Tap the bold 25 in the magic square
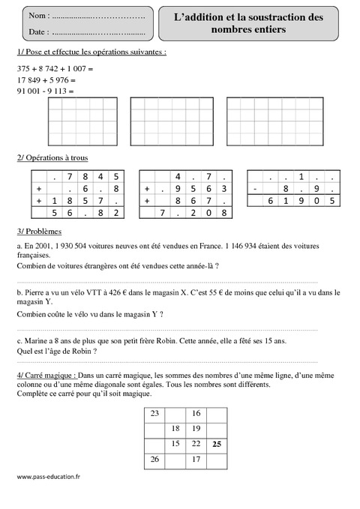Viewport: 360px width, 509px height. click(x=216, y=445)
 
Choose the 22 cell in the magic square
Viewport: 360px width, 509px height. click(x=196, y=445)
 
